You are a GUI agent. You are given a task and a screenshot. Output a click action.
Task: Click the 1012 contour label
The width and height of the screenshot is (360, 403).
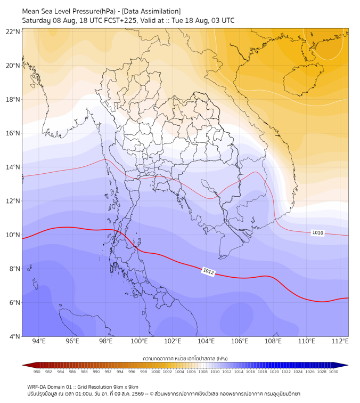(208, 271)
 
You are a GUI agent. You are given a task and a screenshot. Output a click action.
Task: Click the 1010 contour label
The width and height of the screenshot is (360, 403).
(317, 233)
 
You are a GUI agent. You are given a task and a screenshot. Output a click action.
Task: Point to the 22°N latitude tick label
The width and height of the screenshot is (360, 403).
(13, 31)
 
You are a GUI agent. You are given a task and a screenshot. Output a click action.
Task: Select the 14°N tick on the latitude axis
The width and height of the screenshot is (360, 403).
(13, 167)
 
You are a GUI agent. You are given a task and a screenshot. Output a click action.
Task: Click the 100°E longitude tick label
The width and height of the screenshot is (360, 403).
(139, 341)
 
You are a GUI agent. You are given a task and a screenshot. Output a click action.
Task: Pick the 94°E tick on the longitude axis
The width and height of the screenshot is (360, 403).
(39, 341)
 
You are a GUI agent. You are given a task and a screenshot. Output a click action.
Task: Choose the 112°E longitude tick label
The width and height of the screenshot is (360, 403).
(340, 341)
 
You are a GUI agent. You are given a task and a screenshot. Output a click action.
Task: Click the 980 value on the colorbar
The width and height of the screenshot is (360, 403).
(37, 372)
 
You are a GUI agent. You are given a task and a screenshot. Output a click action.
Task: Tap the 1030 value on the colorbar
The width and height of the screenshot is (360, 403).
(333, 372)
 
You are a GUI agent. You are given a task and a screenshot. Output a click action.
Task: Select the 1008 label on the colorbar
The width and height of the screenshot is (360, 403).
(203, 372)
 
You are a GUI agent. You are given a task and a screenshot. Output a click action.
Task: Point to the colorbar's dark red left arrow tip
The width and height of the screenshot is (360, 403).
(23, 365)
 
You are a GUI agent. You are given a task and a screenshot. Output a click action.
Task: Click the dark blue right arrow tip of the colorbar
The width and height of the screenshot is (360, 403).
(348, 365)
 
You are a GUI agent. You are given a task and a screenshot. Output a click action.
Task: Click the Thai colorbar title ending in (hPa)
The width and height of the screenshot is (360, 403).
(185, 358)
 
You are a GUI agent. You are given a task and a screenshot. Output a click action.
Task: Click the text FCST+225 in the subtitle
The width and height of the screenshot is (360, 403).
(120, 21)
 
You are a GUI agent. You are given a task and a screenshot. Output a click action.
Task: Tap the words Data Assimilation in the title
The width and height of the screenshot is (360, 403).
(151, 11)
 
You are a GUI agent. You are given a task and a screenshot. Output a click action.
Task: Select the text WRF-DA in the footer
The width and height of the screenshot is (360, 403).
(35, 387)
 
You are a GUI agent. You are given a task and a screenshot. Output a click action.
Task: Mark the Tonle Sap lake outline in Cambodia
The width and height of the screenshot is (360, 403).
(209, 187)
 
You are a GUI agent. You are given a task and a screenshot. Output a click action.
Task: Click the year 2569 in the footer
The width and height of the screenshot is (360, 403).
(137, 394)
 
